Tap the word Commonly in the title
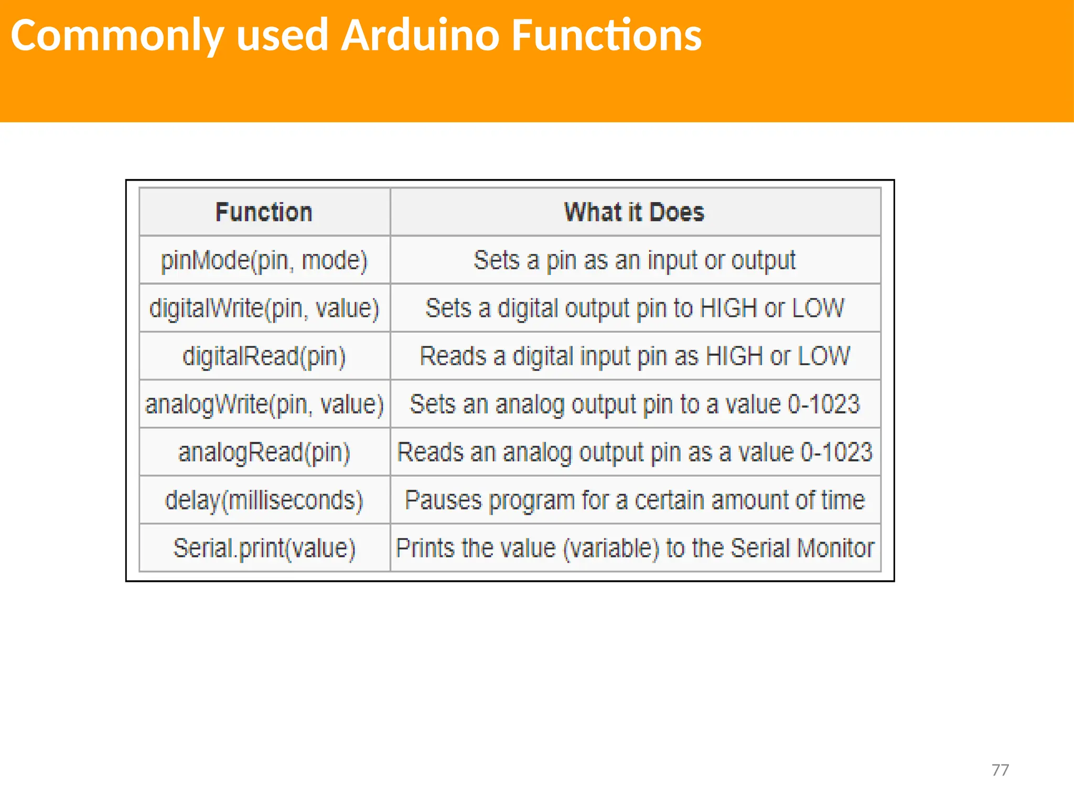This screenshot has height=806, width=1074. [117, 36]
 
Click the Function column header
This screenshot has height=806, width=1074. [264, 213]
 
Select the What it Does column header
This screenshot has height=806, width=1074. [634, 213]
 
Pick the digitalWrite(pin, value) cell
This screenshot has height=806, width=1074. [264, 309]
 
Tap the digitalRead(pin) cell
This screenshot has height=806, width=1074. [264, 357]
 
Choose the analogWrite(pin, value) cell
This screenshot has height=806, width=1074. [264, 405]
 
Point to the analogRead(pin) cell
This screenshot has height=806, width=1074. [264, 453]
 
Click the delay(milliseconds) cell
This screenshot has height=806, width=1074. [264, 501]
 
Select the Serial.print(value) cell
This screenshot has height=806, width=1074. [264, 548]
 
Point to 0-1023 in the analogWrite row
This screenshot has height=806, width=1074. [824, 405]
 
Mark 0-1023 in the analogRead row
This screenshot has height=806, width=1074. [836, 453]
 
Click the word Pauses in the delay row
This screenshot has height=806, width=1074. [443, 501]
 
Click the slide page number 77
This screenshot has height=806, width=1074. [1000, 770]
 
